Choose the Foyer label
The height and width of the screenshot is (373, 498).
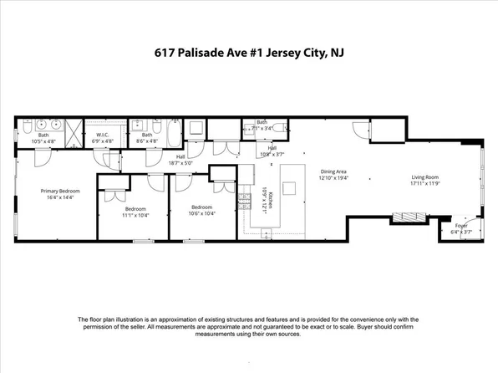[460, 226]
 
